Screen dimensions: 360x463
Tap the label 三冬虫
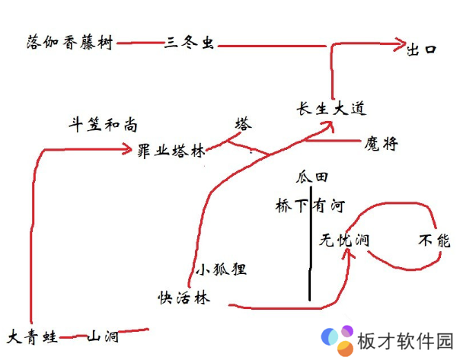click(188, 44)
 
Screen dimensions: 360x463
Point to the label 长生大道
click(331, 109)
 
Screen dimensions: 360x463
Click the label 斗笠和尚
click(104, 125)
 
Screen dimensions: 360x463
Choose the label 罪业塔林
click(171, 151)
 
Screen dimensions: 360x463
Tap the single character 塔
click(243, 124)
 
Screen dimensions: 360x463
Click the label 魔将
click(382, 143)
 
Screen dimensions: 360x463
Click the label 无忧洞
click(344, 241)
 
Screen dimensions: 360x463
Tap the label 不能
click(435, 241)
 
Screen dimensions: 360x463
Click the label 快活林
click(183, 297)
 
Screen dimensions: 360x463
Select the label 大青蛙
click(32, 336)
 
